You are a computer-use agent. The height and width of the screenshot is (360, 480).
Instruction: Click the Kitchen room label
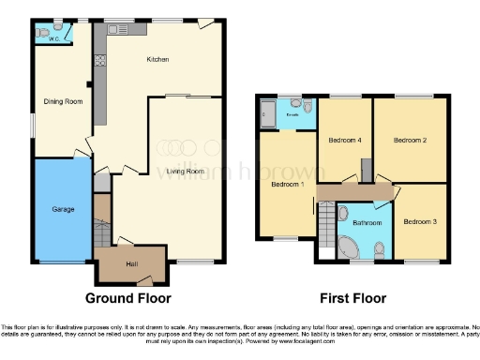click(x=157, y=60)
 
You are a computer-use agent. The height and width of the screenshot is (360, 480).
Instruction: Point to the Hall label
click(x=131, y=262)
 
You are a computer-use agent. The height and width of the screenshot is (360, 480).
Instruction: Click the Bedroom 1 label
click(x=286, y=185)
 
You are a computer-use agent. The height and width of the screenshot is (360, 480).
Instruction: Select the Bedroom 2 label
click(x=410, y=141)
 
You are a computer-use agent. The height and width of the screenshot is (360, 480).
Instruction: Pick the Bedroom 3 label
click(x=419, y=222)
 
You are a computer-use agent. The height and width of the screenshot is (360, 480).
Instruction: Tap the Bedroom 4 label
click(x=344, y=141)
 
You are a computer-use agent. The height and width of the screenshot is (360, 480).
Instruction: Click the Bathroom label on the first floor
click(x=367, y=223)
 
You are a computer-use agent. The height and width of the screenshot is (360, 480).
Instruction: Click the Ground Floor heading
click(x=128, y=299)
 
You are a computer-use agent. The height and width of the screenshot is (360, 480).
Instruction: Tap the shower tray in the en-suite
click(x=266, y=115)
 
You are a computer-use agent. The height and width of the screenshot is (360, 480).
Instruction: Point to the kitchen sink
click(x=120, y=29)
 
